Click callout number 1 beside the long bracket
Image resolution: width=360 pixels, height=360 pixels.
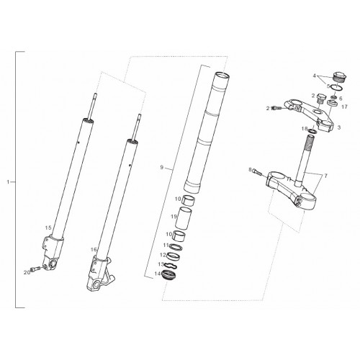click(x=9, y=182)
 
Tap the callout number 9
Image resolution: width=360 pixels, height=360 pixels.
click(x=162, y=167)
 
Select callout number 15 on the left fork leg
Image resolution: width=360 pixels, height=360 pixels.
click(x=48, y=228)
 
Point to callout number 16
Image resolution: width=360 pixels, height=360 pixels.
click(x=94, y=250)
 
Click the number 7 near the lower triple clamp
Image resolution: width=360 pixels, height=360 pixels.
click(x=325, y=176)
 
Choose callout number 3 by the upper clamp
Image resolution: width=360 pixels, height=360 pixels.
click(x=339, y=127)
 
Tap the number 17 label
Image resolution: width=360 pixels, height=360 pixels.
click(x=344, y=107)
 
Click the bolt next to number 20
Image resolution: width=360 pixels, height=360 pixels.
click(x=35, y=269)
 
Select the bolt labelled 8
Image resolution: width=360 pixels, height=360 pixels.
click(x=256, y=172)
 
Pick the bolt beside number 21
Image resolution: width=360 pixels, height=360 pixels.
click(x=276, y=109)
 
